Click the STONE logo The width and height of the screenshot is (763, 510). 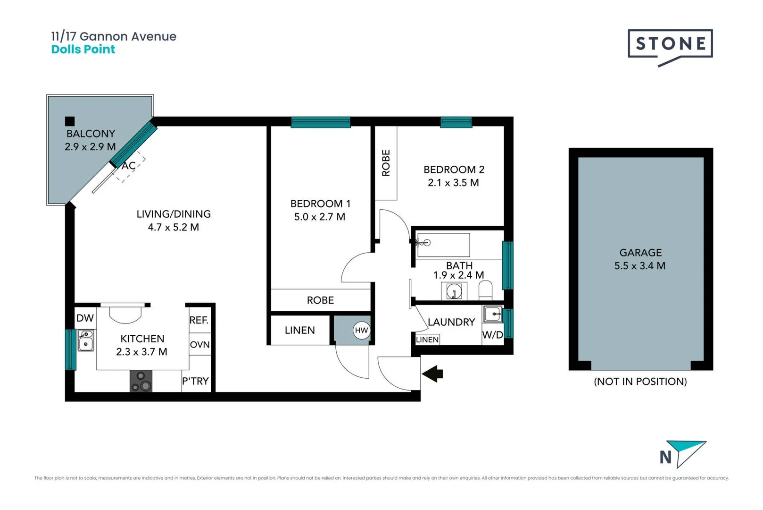click(x=670, y=44)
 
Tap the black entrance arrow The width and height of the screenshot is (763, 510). click(x=432, y=374)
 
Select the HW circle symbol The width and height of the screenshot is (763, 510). click(x=361, y=330)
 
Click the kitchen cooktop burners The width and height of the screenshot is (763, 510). click(x=141, y=381)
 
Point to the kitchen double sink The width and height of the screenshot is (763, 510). click(x=86, y=340)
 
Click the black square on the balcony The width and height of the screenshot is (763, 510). click(x=70, y=121)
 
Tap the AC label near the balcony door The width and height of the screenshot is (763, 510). click(x=128, y=166)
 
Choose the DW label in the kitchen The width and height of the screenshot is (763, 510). click(x=85, y=318)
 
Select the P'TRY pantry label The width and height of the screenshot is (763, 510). click(x=195, y=381)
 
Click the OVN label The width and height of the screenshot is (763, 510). click(x=199, y=345)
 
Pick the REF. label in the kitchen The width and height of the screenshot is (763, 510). click(x=199, y=320)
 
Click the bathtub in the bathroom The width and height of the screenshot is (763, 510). click(x=443, y=245)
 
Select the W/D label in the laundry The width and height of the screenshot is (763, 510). click(x=492, y=335)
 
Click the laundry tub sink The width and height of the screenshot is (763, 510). click(x=493, y=314)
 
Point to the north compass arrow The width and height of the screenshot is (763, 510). click(x=689, y=452)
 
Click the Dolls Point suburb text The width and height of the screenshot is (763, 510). click(x=83, y=50)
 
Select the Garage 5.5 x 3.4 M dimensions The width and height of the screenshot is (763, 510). click(x=639, y=266)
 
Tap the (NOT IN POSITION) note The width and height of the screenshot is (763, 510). click(x=640, y=382)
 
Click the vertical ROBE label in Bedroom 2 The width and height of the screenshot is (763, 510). click(x=386, y=163)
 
